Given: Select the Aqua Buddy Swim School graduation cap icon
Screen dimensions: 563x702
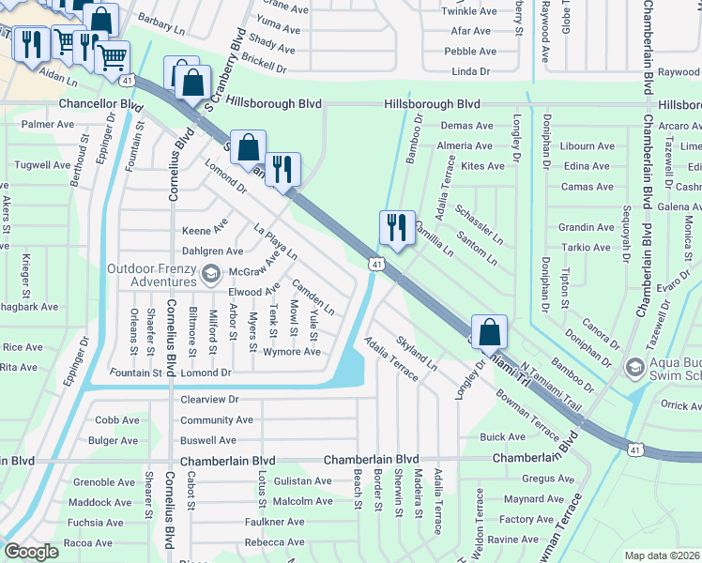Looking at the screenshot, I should (x=634, y=365).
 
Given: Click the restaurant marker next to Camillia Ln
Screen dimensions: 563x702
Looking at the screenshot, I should (x=397, y=228).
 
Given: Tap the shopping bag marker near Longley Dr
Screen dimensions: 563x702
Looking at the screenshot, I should (x=489, y=332).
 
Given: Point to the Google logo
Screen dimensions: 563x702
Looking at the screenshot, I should (x=31, y=552).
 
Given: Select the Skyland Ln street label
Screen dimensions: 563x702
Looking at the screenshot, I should (x=417, y=354).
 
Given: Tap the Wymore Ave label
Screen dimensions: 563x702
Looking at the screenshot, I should (x=292, y=352).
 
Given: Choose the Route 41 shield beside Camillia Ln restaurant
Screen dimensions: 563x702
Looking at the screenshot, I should (x=375, y=266).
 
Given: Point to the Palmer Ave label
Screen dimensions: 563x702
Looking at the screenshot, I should (x=48, y=124).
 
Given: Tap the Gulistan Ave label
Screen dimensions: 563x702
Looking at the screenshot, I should (x=302, y=481).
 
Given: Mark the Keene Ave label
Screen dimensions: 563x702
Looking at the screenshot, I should (x=205, y=230).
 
